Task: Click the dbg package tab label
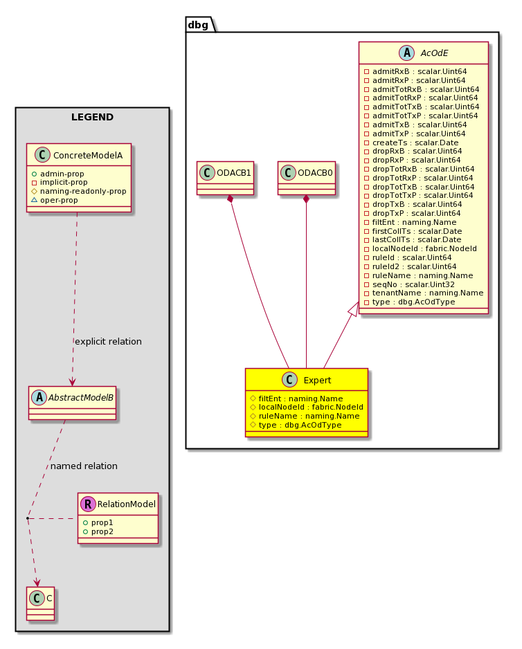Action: (x=198, y=25)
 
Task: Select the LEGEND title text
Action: (x=92, y=117)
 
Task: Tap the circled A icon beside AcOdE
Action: (x=407, y=53)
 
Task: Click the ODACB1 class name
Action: (x=234, y=173)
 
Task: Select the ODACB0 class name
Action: (x=315, y=173)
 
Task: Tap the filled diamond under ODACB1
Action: (x=231, y=199)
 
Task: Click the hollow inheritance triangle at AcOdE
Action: (x=353, y=309)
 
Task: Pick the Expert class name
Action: (x=317, y=381)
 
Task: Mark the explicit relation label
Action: (x=108, y=342)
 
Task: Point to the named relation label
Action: (x=84, y=466)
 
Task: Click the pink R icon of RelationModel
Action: (x=88, y=504)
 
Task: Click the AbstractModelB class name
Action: (x=81, y=398)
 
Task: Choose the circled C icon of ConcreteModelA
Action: (x=42, y=155)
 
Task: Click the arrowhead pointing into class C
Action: (x=37, y=583)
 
